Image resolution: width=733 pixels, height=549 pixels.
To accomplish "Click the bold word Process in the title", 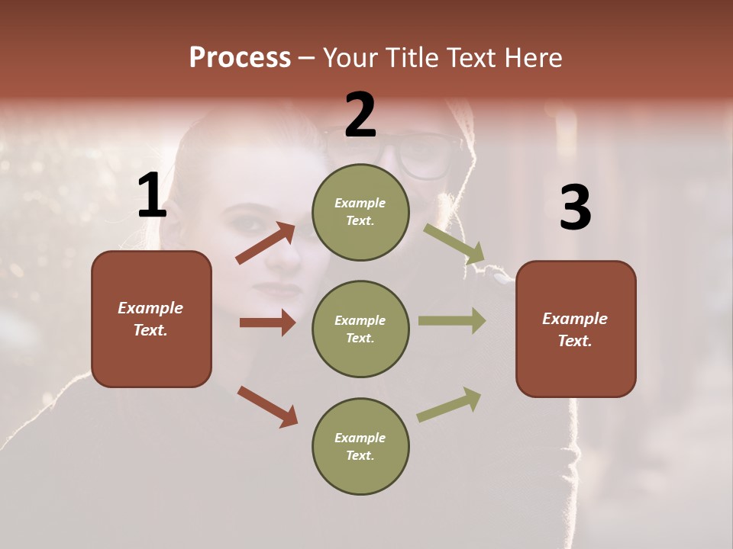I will click(240, 58).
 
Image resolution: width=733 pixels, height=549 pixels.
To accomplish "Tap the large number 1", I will click(151, 196).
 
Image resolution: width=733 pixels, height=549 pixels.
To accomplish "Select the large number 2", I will click(360, 115).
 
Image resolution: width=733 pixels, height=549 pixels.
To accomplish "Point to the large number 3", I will click(575, 207).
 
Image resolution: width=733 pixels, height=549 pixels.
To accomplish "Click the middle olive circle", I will click(360, 329).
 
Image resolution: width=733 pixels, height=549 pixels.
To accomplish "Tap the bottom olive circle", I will click(360, 446).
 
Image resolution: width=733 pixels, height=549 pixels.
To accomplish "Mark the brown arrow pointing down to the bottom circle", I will click(267, 406).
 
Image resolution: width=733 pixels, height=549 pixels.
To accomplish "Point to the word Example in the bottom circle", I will click(360, 438).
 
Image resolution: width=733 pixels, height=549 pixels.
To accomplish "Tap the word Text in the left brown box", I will click(150, 331).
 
